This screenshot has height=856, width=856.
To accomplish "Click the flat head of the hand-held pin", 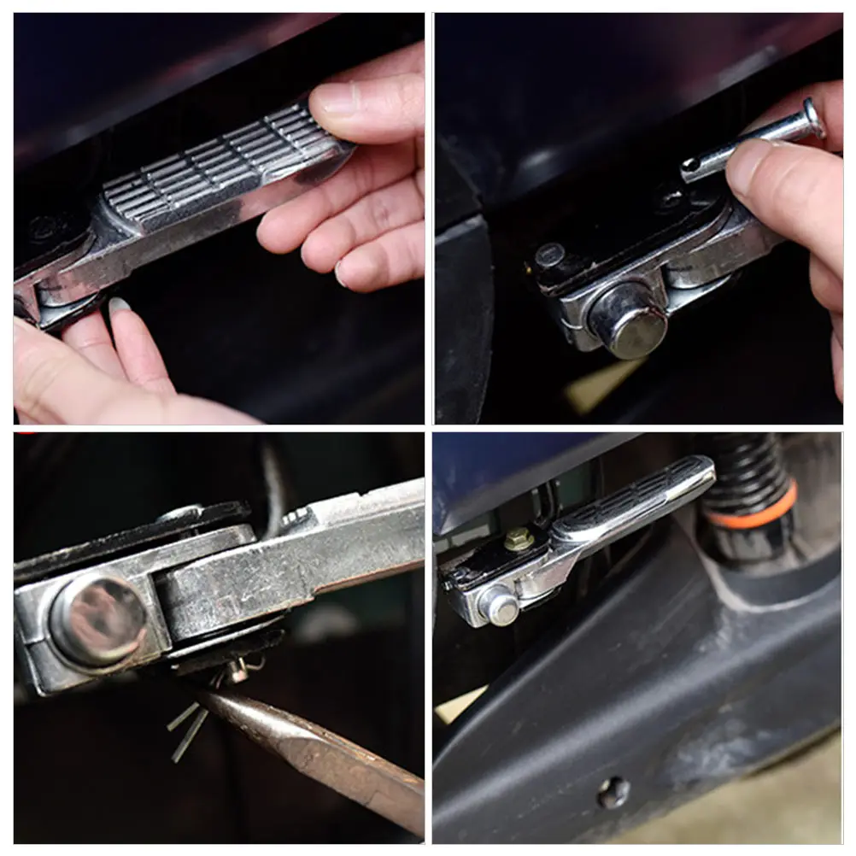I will tap(812, 117).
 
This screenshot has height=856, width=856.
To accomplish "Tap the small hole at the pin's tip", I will tap(689, 164).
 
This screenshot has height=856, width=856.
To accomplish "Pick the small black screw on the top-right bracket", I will tap(549, 254).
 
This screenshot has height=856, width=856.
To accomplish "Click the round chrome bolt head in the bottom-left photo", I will tap(97, 619).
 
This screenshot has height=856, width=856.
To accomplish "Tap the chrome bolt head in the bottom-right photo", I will tap(500, 606).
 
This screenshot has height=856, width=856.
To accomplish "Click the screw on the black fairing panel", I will tap(613, 792).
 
